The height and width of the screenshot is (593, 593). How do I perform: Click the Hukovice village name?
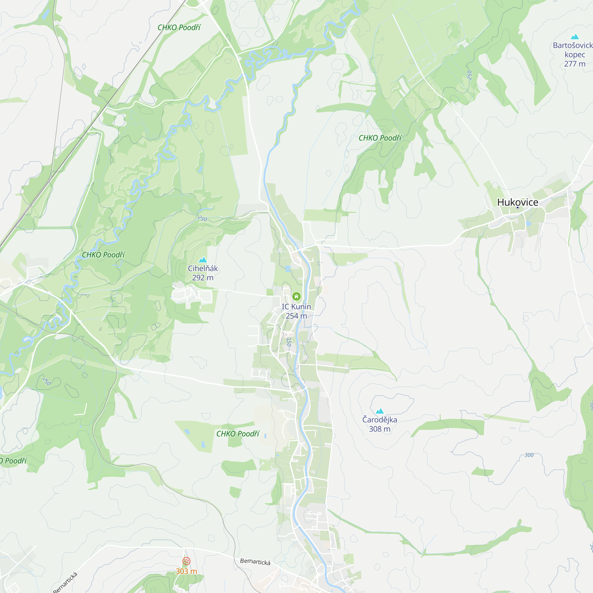(517, 202)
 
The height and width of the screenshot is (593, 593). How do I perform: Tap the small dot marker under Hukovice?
(517, 208)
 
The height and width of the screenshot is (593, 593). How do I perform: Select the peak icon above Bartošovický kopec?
(575, 37)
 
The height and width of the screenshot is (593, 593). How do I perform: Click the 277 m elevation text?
(575, 64)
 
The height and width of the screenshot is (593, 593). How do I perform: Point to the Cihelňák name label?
(203, 268)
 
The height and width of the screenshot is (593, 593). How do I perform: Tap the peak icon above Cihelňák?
(203, 260)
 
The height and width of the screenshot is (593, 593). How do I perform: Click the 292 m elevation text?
(203, 278)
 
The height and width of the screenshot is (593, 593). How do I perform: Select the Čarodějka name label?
(380, 420)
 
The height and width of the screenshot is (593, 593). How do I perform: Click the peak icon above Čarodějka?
(380, 411)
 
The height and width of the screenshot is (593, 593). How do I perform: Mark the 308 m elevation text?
(380, 429)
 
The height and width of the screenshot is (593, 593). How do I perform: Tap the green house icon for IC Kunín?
(296, 296)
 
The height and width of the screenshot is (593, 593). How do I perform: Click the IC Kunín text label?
(296, 307)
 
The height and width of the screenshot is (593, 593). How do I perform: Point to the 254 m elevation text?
(296, 316)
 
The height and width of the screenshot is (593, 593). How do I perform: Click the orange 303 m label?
(186, 571)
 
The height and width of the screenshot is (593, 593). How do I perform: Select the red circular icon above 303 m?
(186, 561)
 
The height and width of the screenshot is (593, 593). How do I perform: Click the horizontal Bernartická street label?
(255, 561)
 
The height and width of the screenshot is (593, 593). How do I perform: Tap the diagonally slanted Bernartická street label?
(65, 582)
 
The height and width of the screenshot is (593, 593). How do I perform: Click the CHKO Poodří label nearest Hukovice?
(380, 138)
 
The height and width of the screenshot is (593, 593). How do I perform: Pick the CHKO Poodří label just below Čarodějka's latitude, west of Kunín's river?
(237, 434)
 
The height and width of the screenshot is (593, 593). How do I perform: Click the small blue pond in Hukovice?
(528, 224)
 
